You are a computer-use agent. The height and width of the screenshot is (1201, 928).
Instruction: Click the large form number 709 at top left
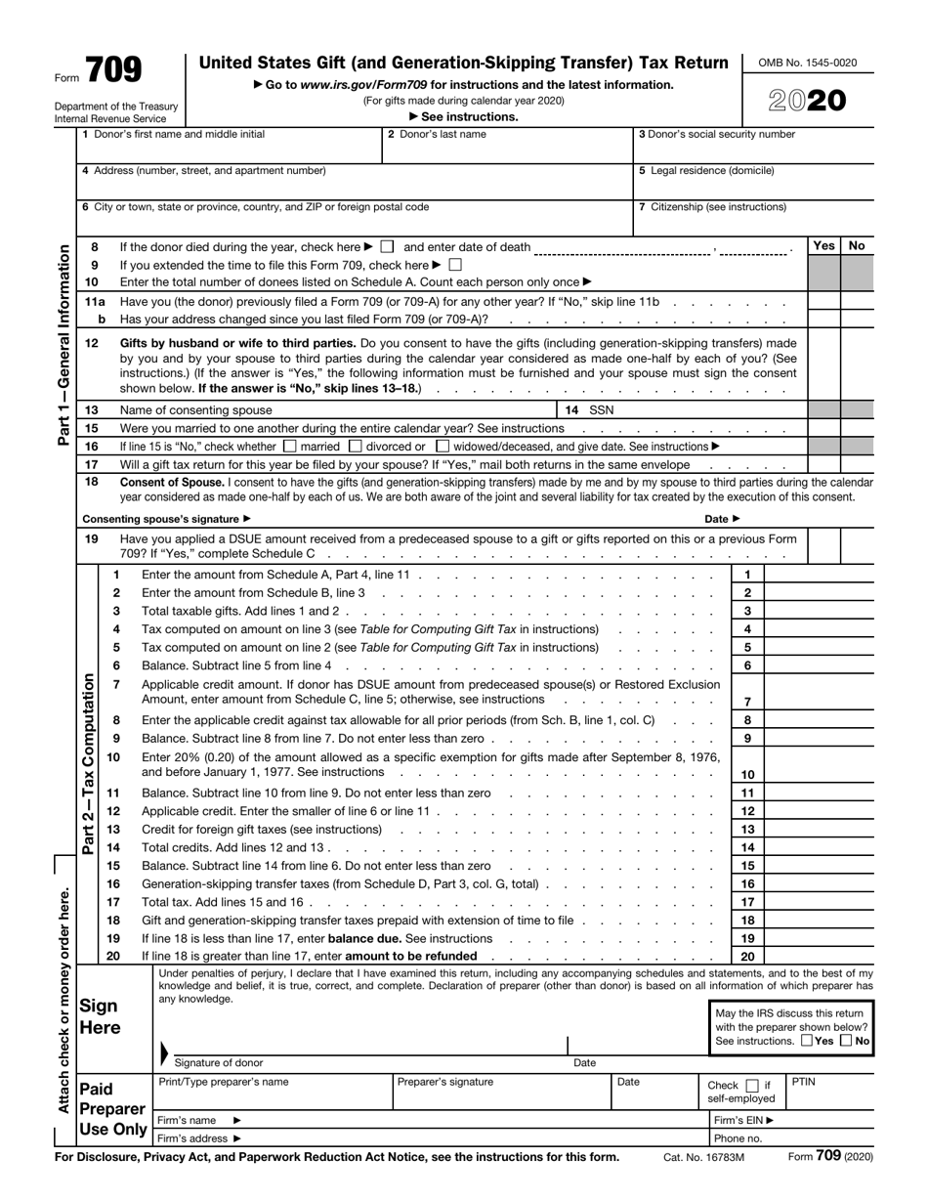[x=113, y=70]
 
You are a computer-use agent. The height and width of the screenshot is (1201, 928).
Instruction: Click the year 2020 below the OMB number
[x=807, y=101]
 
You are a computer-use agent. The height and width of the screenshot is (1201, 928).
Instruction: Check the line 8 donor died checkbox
[x=388, y=247]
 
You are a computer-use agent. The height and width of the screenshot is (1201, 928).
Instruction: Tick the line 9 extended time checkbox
[x=454, y=265]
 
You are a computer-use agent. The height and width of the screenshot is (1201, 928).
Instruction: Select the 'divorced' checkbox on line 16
[x=356, y=447]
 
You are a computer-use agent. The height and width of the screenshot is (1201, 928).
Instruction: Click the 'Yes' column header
[x=823, y=246]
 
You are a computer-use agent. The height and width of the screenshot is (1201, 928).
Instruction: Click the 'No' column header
[x=857, y=246]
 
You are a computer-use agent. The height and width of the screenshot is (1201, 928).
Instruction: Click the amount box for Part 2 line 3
[x=819, y=611]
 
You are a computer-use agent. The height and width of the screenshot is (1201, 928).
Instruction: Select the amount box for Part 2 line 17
[x=819, y=902]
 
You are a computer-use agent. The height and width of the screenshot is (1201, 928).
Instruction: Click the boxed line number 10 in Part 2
[x=747, y=774]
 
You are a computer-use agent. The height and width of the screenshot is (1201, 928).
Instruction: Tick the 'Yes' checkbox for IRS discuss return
[x=805, y=1042]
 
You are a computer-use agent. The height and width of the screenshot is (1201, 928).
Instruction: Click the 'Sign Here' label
[x=99, y=1017]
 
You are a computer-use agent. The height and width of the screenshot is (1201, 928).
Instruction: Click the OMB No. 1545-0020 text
[x=807, y=63]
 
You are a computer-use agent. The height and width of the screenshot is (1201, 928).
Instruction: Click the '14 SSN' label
[x=591, y=410]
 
